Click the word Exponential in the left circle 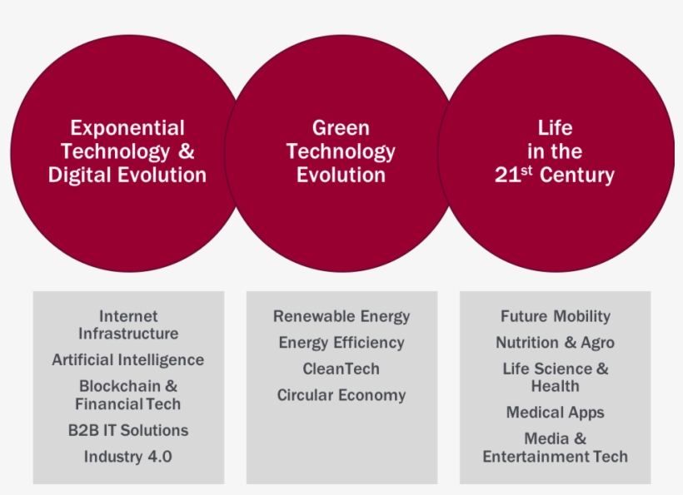pyautogui.click(x=127, y=129)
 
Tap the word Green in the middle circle pyautogui.click(x=341, y=128)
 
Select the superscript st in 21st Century pyautogui.click(x=526, y=170)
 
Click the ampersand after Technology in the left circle pyautogui.click(x=187, y=151)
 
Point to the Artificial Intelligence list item pyautogui.click(x=128, y=360)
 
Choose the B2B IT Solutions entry pyautogui.click(x=128, y=430)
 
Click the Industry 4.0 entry pyautogui.click(x=128, y=457)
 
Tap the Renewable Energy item pyautogui.click(x=341, y=317)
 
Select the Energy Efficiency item pyautogui.click(x=341, y=343)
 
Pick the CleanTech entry pyautogui.click(x=341, y=369)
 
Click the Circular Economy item pyautogui.click(x=341, y=395)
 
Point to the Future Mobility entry pyautogui.click(x=556, y=317)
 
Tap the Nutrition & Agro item pyautogui.click(x=556, y=343)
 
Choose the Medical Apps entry pyautogui.click(x=556, y=413)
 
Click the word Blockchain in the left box pyautogui.click(x=120, y=386)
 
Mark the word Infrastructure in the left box pyautogui.click(x=128, y=334)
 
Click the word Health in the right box pyautogui.click(x=556, y=386)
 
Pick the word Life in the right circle pyautogui.click(x=555, y=128)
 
